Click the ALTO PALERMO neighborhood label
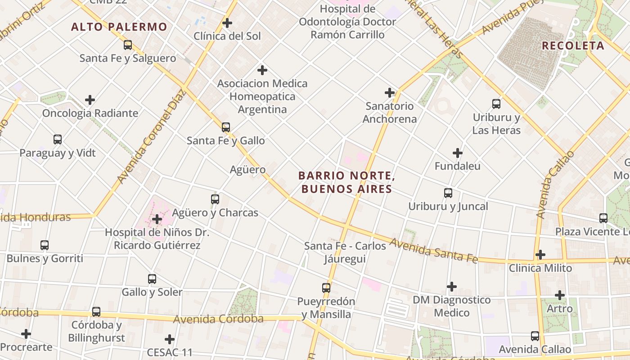coord(119,27)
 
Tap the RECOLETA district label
coord(573,46)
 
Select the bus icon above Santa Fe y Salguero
coord(128,45)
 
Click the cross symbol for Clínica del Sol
coord(227,22)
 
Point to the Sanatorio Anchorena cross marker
coord(390,93)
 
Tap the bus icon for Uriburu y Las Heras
coord(496,104)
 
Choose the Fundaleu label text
coord(457,166)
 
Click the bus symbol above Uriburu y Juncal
coord(448,193)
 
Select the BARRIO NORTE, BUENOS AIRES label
coord(346,182)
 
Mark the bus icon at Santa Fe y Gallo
coord(226,127)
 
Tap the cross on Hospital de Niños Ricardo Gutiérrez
coord(157,219)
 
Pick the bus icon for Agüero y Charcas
coord(215,199)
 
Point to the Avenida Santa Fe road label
coord(433,251)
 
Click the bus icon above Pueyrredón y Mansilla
coord(326,288)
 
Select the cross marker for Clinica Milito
coord(540,255)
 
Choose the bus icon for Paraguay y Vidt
coord(58,139)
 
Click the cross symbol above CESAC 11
coord(170,339)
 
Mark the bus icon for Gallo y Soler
coord(152,279)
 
